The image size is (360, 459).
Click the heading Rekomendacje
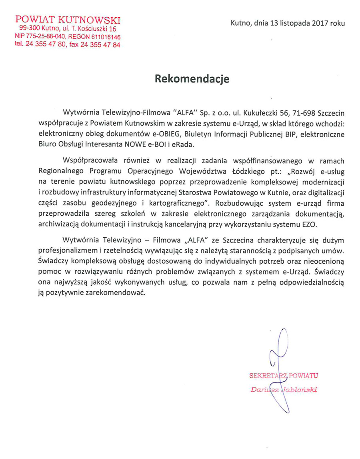click(192, 79)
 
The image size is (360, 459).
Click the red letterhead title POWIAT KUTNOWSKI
click(68, 20)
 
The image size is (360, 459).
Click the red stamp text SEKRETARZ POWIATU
click(283, 376)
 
